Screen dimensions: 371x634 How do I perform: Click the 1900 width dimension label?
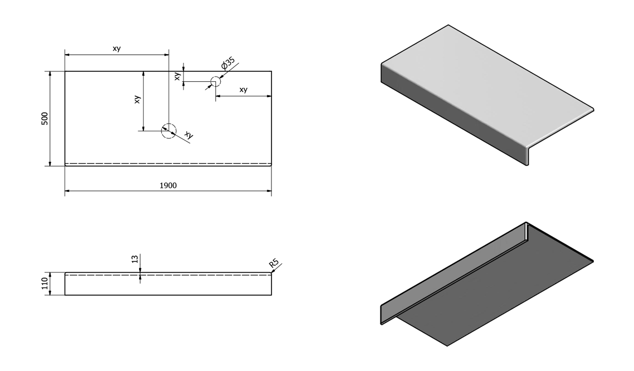(x=168, y=186)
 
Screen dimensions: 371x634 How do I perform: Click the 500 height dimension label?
(x=45, y=119)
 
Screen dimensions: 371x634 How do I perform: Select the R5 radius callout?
(x=274, y=264)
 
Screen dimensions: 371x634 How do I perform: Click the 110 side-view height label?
(x=45, y=284)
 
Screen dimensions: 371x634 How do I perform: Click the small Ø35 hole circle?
(x=216, y=81)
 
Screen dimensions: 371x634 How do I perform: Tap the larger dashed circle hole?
(x=168, y=131)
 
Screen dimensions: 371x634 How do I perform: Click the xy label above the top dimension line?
(x=117, y=49)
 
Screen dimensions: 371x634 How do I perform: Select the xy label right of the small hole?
(x=243, y=90)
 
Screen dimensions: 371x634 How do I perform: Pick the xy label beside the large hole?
(x=189, y=135)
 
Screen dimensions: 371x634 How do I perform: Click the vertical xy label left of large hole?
(x=137, y=100)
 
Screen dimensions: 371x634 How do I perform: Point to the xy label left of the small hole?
(x=178, y=76)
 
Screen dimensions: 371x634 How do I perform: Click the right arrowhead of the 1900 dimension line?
(x=269, y=191)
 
